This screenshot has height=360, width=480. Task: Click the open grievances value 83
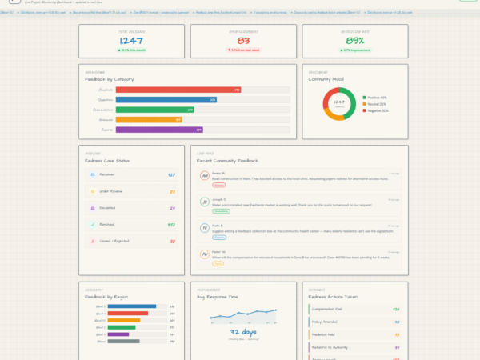pos(243,41)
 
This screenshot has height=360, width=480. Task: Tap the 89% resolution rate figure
pos(355,41)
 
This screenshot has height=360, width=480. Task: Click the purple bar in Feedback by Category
pos(159,129)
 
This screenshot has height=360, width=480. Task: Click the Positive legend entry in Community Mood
pos(377,98)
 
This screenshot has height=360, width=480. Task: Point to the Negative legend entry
pos(378,110)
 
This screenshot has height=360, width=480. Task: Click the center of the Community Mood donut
pos(338,104)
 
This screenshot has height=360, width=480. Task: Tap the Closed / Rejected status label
pos(114,239)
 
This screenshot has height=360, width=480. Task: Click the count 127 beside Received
pos(171,174)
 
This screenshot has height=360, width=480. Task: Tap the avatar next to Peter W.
pos(205,255)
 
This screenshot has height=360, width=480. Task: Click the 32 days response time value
pos(243,331)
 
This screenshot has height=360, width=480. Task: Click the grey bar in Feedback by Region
pos(123,341)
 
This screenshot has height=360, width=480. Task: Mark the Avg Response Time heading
pos(218,297)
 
